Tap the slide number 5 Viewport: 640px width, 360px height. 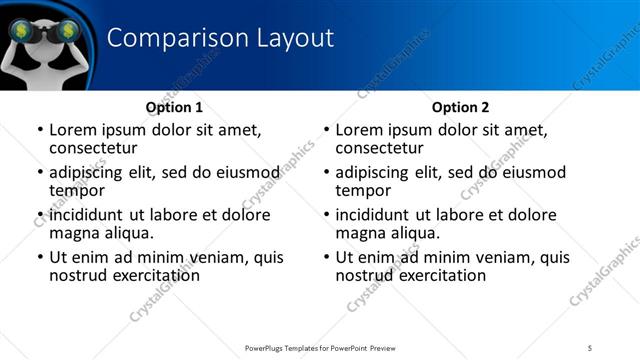(590, 348)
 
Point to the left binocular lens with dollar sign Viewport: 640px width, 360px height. (20, 31)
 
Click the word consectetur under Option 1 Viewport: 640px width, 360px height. (97, 149)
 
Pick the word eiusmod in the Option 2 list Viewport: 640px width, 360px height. (533, 172)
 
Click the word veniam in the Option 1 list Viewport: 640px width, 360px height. (221, 257)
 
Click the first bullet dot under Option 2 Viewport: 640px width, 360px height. (327, 130)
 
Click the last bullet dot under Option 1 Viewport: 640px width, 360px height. (40, 257)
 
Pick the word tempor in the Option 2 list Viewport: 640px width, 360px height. (363, 191)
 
